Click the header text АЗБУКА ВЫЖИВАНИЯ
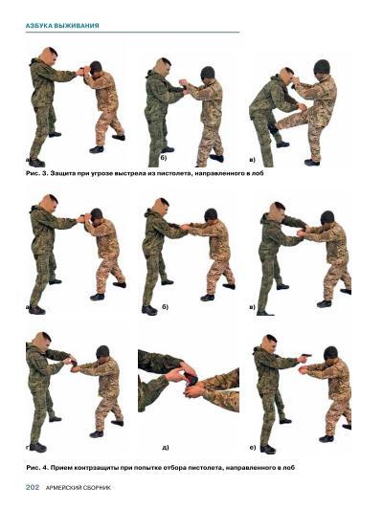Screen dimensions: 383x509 tap(62, 25)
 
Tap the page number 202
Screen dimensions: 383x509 tap(33, 487)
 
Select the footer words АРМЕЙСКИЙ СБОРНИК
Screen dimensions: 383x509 tap(79, 488)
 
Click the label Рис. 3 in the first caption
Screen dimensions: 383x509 tap(35, 173)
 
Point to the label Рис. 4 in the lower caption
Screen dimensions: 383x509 tap(36, 468)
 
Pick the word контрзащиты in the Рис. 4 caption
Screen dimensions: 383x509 tap(97, 468)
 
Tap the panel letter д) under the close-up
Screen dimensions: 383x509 tap(166, 448)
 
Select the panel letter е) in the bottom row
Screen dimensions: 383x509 tap(253, 448)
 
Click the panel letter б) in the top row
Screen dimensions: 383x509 tap(164, 158)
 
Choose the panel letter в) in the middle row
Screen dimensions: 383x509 tap(253, 307)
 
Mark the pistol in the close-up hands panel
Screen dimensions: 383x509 tap(191, 379)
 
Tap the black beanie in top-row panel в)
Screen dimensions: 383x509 tap(322, 66)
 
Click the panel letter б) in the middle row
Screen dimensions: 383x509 tap(166, 307)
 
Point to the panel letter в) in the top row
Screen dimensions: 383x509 tap(253, 160)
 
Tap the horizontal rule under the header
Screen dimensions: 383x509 tap(132, 33)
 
